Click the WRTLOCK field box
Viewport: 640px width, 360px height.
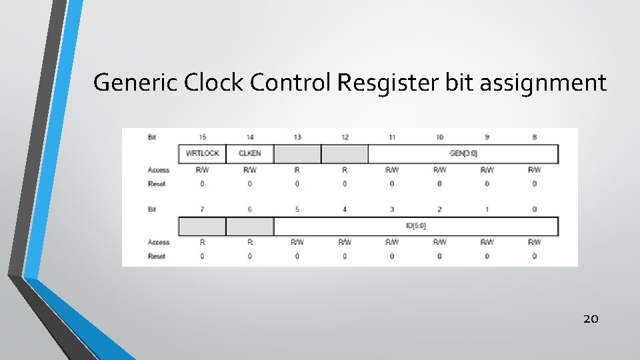tap(202, 153)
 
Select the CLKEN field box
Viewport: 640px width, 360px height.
tap(249, 153)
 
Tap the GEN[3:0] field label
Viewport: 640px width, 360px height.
tap(463, 153)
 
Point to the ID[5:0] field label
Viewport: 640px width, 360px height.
tap(415, 226)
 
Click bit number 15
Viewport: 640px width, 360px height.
tap(202, 137)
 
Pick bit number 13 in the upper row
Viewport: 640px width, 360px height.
tap(297, 137)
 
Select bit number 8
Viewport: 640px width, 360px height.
tap(534, 137)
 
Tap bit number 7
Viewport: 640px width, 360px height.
tap(202, 209)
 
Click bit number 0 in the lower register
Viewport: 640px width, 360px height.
tap(534, 209)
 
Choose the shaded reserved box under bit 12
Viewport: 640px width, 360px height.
tap(344, 153)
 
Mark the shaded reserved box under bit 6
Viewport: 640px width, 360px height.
tap(249, 226)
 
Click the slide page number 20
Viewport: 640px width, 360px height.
tap(591, 319)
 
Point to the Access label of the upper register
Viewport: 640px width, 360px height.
tap(158, 170)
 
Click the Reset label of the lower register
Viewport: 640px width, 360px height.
tap(157, 256)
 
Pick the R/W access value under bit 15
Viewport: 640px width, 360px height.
tap(202, 170)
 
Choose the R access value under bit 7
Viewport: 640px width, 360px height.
tap(202, 242)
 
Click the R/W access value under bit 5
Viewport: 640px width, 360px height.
tap(297, 242)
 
